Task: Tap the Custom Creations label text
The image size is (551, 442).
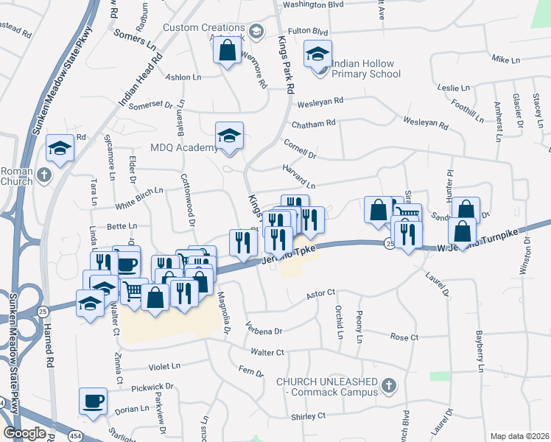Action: click(x=203, y=28)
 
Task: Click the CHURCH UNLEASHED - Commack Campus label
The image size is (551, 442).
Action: click(x=326, y=386)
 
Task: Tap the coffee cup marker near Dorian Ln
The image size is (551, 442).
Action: click(x=93, y=401)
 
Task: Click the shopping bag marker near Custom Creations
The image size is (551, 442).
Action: click(x=228, y=51)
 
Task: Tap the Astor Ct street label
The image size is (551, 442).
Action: click(x=320, y=293)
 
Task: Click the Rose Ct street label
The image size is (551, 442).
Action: click(x=404, y=337)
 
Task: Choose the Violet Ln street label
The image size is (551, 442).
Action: click(x=164, y=365)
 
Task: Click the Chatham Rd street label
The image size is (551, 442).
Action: click(x=313, y=123)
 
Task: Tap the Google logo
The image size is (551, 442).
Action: click(x=24, y=433)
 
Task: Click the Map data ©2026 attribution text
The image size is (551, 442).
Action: click(x=520, y=436)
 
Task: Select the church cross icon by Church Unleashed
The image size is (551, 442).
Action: click(x=389, y=385)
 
